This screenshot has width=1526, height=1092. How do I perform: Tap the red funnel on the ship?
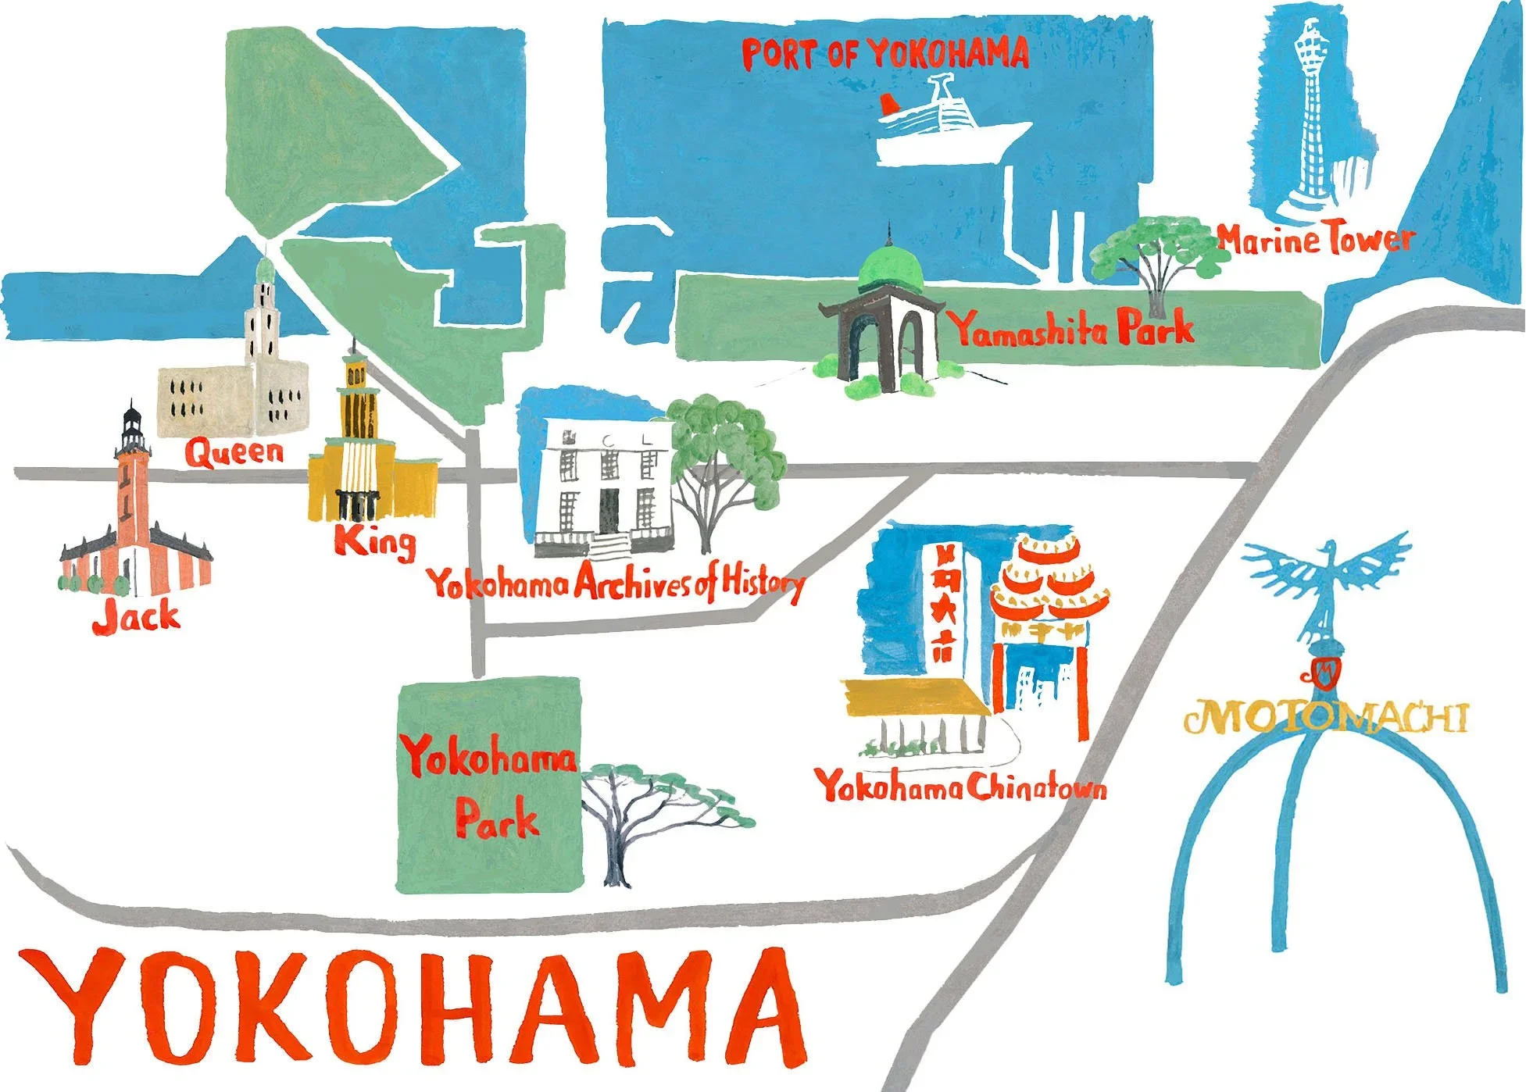pos(889,105)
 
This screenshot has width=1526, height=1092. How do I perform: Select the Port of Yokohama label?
pos(885,54)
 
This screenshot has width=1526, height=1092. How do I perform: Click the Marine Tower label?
pos(1316,238)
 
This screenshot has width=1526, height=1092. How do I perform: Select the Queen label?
pos(234,451)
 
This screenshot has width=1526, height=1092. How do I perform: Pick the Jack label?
pos(136,617)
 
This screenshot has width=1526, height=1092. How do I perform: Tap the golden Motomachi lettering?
pos(1325,717)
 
